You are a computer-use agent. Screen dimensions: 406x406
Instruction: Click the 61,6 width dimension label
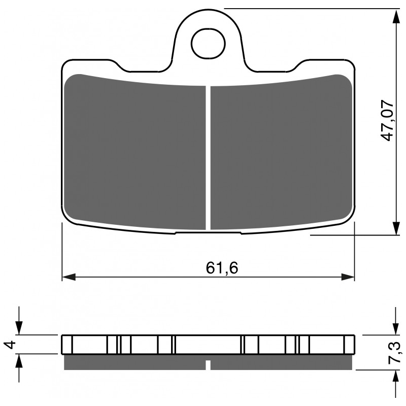click(222, 268)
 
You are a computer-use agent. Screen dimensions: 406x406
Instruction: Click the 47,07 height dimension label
click(388, 121)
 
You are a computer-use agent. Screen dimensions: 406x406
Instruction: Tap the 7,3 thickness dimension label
click(394, 353)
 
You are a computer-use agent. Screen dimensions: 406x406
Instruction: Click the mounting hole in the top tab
click(208, 44)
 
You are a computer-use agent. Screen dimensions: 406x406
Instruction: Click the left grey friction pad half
click(135, 152)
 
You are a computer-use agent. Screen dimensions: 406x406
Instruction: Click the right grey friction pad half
click(281, 152)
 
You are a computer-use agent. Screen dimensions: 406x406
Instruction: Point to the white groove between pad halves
click(208, 157)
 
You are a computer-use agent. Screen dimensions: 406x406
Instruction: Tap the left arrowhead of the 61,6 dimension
click(69, 277)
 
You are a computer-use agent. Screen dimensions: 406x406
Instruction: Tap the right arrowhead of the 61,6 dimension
click(348, 277)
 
